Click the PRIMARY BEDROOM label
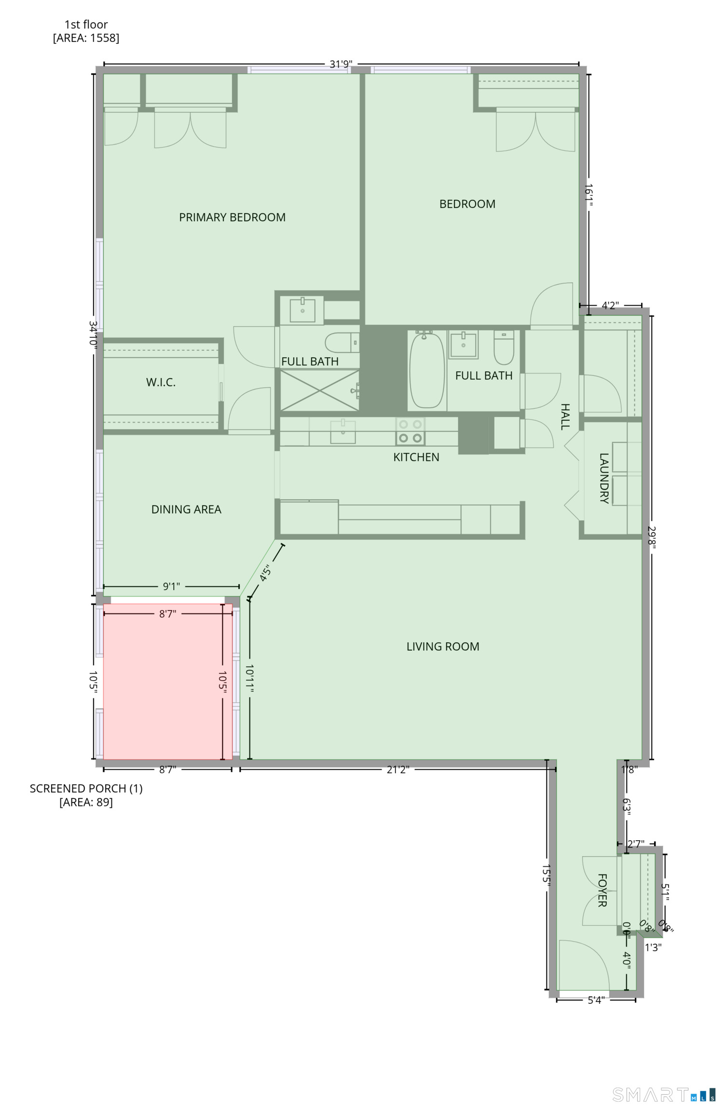232,217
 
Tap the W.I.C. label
161,382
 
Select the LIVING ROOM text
442,646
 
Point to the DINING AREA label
186,509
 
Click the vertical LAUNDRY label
604,478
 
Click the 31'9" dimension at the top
341,64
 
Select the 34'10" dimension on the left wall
94,334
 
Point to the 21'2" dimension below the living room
397,769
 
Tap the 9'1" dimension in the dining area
171,586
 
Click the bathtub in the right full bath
426,370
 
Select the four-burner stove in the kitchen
411,431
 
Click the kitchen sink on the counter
342,431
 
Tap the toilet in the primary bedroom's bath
341,343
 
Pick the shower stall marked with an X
319,390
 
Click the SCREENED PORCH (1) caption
86,788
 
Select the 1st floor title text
86,24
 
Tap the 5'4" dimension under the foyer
596,1000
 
